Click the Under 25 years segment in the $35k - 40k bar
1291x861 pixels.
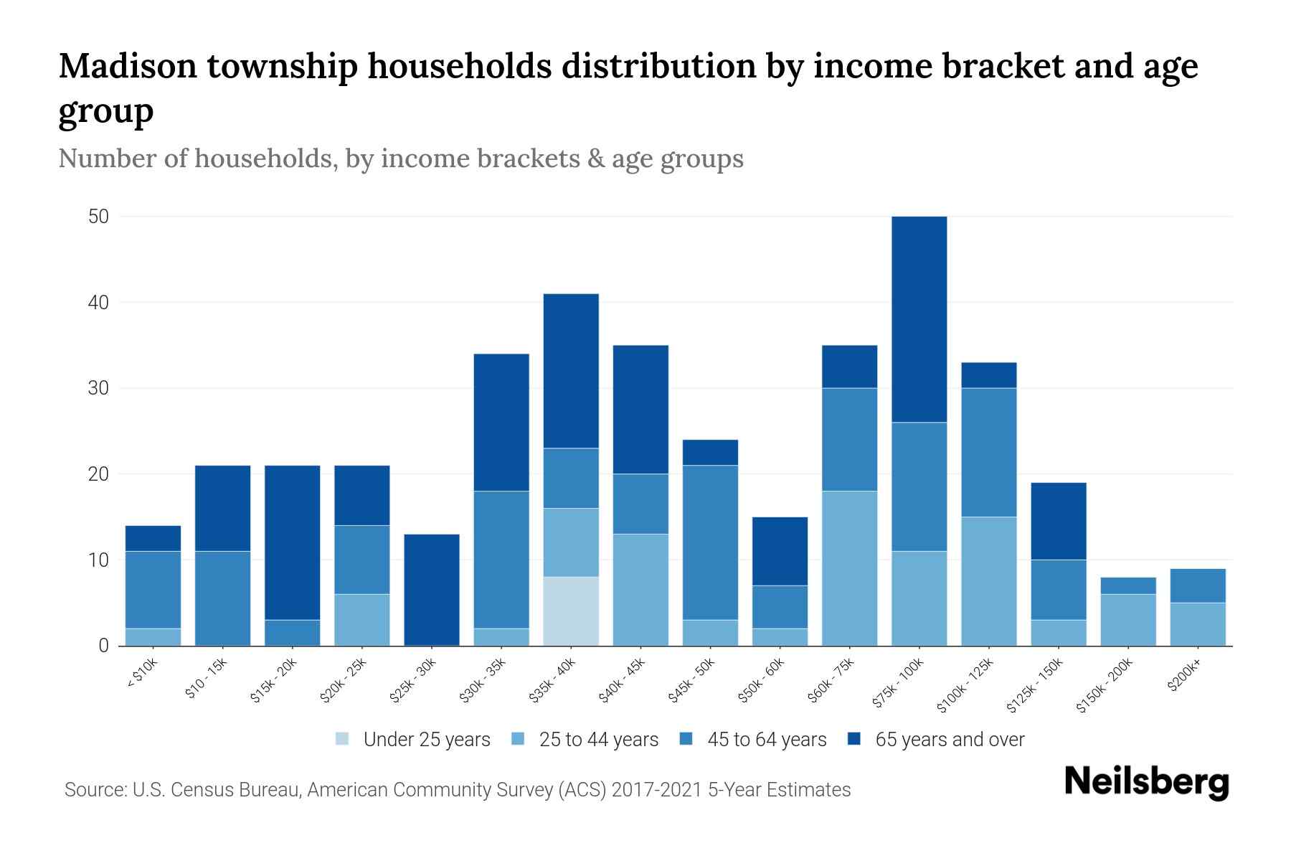pyautogui.click(x=571, y=611)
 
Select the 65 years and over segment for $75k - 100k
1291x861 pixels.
pyautogui.click(x=919, y=319)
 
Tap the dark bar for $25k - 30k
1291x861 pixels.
pyautogui.click(x=432, y=590)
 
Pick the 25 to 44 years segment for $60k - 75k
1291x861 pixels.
pyautogui.click(x=849, y=568)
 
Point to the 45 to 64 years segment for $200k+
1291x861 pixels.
pyautogui.click(x=1198, y=585)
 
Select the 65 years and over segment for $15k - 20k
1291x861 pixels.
pyautogui.click(x=293, y=542)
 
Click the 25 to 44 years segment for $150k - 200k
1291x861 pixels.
pyautogui.click(x=1128, y=620)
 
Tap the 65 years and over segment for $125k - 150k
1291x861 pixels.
pyautogui.click(x=1059, y=521)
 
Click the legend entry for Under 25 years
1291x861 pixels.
pyautogui.click(x=427, y=740)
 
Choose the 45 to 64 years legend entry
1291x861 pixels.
pyautogui.click(x=767, y=740)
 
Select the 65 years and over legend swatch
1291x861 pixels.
pyautogui.click(x=854, y=739)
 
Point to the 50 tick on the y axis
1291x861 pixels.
pyautogui.click(x=98, y=217)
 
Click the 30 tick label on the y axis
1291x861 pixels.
pyautogui.click(x=98, y=388)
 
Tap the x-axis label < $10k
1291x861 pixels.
pyautogui.click(x=143, y=674)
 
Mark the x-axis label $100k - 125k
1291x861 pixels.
pyautogui.click(x=966, y=685)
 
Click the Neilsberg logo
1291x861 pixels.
pyautogui.click(x=1146, y=782)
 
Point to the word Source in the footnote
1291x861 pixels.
pyautogui.click(x=95, y=790)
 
